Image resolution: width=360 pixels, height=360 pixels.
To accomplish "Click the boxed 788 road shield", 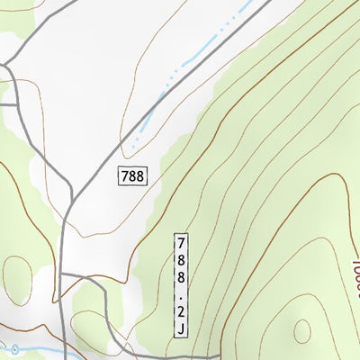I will click(x=131, y=175).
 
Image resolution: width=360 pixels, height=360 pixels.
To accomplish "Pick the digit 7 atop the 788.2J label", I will click(x=181, y=243).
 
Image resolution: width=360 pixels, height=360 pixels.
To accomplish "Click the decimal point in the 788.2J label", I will click(x=181, y=296).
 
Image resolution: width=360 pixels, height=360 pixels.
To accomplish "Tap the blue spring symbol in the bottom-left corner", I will click(x=14, y=349).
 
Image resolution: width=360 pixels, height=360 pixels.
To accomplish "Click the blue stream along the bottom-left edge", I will click(x=40, y=347).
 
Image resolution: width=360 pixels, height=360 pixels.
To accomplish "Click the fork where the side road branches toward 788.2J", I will click(x=65, y=272).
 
